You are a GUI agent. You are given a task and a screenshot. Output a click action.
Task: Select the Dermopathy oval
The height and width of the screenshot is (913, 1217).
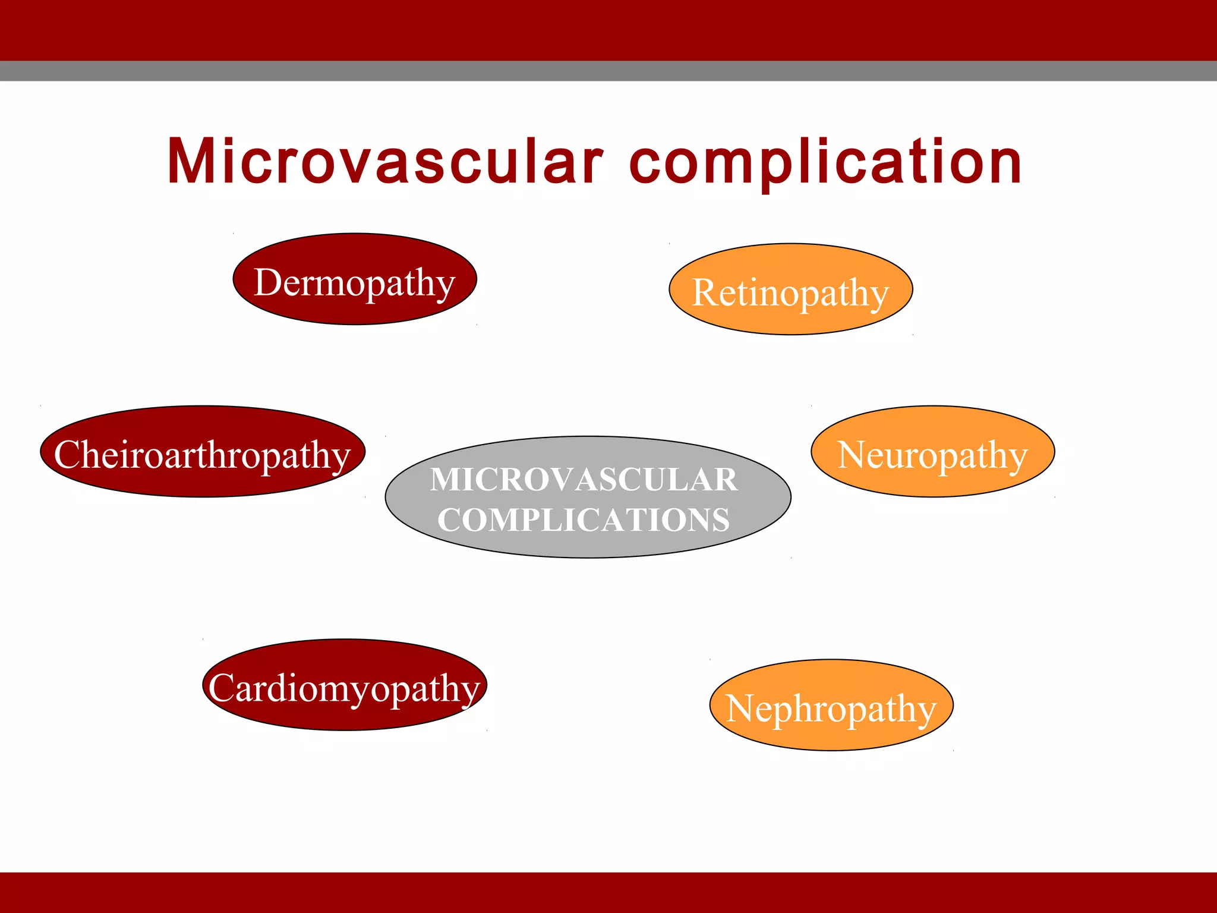click(355, 279)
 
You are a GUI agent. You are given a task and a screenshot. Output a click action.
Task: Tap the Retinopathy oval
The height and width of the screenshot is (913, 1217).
click(790, 289)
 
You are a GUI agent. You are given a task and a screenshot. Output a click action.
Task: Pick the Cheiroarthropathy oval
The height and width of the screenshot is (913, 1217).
click(203, 452)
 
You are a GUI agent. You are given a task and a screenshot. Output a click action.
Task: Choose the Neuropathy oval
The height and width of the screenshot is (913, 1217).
click(932, 452)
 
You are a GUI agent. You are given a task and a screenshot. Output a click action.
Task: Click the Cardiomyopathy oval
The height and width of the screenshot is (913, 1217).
click(345, 685)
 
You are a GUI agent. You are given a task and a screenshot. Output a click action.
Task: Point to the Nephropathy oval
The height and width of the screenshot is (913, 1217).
click(831, 706)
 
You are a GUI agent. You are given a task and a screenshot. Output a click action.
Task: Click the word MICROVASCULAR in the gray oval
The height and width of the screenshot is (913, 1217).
click(584, 479)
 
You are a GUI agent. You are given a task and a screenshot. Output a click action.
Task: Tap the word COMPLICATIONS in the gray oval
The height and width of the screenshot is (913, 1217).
click(584, 520)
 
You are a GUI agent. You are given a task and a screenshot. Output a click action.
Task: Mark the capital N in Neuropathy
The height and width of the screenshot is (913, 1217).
click(853, 455)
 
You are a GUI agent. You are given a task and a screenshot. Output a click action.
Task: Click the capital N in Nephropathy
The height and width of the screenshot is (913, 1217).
click(742, 709)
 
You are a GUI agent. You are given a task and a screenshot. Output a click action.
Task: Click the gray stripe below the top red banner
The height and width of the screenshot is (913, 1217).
click(608, 71)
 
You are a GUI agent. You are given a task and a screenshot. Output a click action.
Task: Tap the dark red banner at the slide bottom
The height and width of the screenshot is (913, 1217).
click(608, 892)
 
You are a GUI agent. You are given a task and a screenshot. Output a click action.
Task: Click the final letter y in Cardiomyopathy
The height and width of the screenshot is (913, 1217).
click(471, 692)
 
